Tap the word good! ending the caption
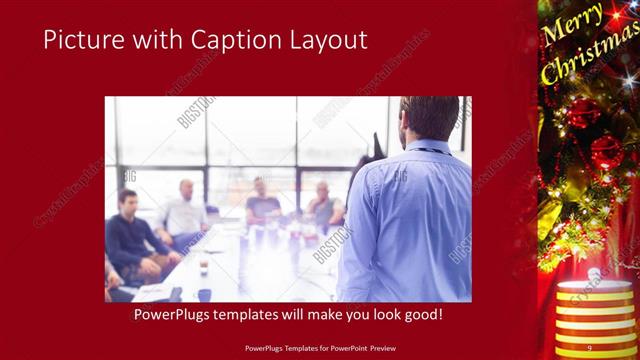(421, 315)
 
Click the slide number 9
(589, 347)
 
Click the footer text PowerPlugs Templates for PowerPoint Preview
(319, 347)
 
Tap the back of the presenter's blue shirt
(419, 220)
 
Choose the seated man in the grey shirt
(324, 204)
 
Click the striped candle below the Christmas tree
(585, 310)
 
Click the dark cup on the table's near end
(205, 294)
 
